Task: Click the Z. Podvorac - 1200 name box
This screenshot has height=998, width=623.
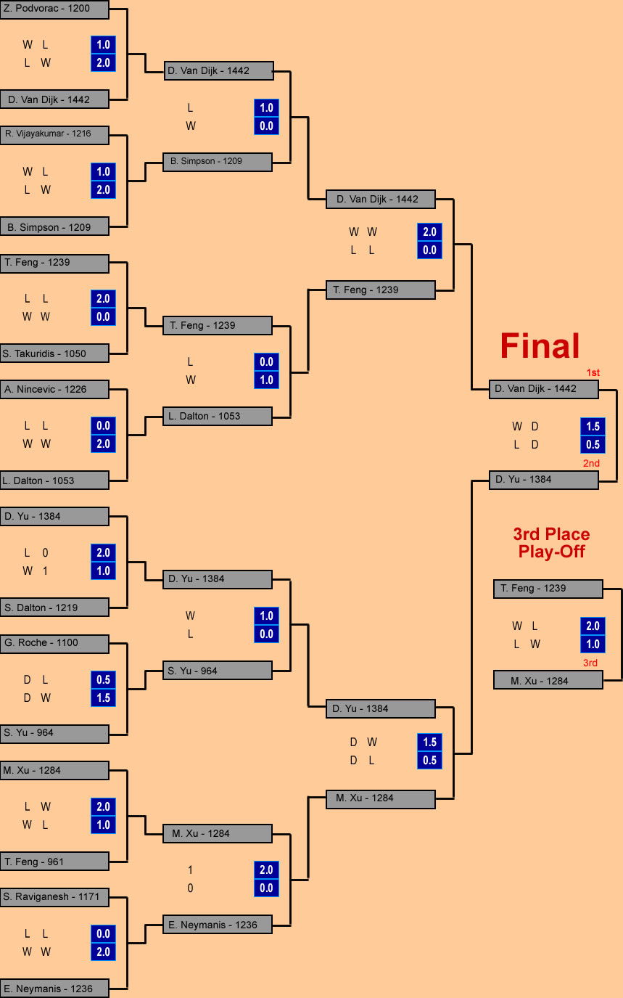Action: pos(54,9)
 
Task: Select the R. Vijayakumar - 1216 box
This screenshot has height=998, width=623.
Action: pos(54,134)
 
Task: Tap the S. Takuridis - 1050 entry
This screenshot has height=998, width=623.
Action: pos(54,353)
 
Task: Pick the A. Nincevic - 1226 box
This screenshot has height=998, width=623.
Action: pos(54,389)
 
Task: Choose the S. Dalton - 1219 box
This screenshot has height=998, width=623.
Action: pos(54,608)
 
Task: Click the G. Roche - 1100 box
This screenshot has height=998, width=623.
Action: pos(54,644)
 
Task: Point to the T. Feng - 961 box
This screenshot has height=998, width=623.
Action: pos(54,862)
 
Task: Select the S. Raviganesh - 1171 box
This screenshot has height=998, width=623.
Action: pos(54,897)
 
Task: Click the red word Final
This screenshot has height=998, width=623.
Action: pos(540,345)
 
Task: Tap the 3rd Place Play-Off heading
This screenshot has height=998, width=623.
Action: pos(551,543)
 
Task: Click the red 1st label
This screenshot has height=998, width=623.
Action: pos(593,372)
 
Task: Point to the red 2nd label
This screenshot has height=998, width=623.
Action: pos(591,463)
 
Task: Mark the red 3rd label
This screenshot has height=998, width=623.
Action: pos(590,663)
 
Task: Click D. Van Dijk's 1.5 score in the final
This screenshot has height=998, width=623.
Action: pos(593,426)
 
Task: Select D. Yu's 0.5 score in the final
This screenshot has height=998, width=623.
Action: pos(593,444)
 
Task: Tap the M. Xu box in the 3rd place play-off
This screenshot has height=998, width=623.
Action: pos(548,680)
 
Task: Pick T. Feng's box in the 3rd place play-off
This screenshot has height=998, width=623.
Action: pos(548,589)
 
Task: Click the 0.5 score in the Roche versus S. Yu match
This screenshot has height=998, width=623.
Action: pos(103,679)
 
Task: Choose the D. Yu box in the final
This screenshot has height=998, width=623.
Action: pos(544,480)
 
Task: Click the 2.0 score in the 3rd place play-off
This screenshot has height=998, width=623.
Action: pos(593,626)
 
